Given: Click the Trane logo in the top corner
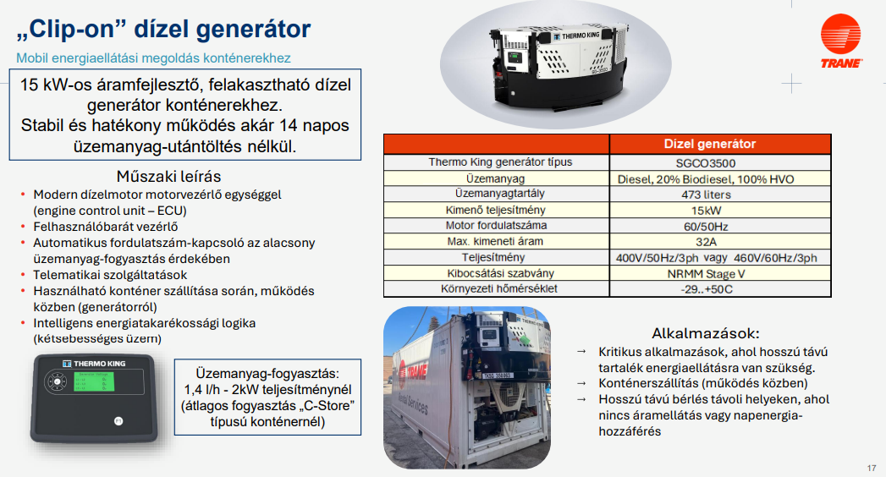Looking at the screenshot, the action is (x=841, y=41).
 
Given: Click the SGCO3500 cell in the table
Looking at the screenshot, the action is (x=705, y=163).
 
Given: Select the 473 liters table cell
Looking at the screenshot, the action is (x=706, y=195).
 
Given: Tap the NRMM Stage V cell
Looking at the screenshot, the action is (x=706, y=274).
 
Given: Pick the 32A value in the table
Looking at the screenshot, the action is (x=706, y=242).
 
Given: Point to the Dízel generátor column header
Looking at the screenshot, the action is (x=710, y=144).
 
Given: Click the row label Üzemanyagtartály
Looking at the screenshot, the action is (x=499, y=194).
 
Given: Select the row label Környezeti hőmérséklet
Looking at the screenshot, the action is (x=499, y=288).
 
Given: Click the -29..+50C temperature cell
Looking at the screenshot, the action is (x=706, y=289).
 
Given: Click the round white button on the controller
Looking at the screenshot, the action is (x=118, y=420).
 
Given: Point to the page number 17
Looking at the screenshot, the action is (x=872, y=468).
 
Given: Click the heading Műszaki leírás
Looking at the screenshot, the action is (x=168, y=176).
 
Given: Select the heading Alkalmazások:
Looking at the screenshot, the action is (x=705, y=332).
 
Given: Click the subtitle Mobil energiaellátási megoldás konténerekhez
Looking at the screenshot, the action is (x=153, y=58).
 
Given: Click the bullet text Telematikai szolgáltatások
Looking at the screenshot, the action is (x=110, y=275).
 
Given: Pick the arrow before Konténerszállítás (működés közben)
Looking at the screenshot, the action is (x=581, y=383).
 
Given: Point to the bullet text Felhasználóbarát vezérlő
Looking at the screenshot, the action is (x=106, y=227).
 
